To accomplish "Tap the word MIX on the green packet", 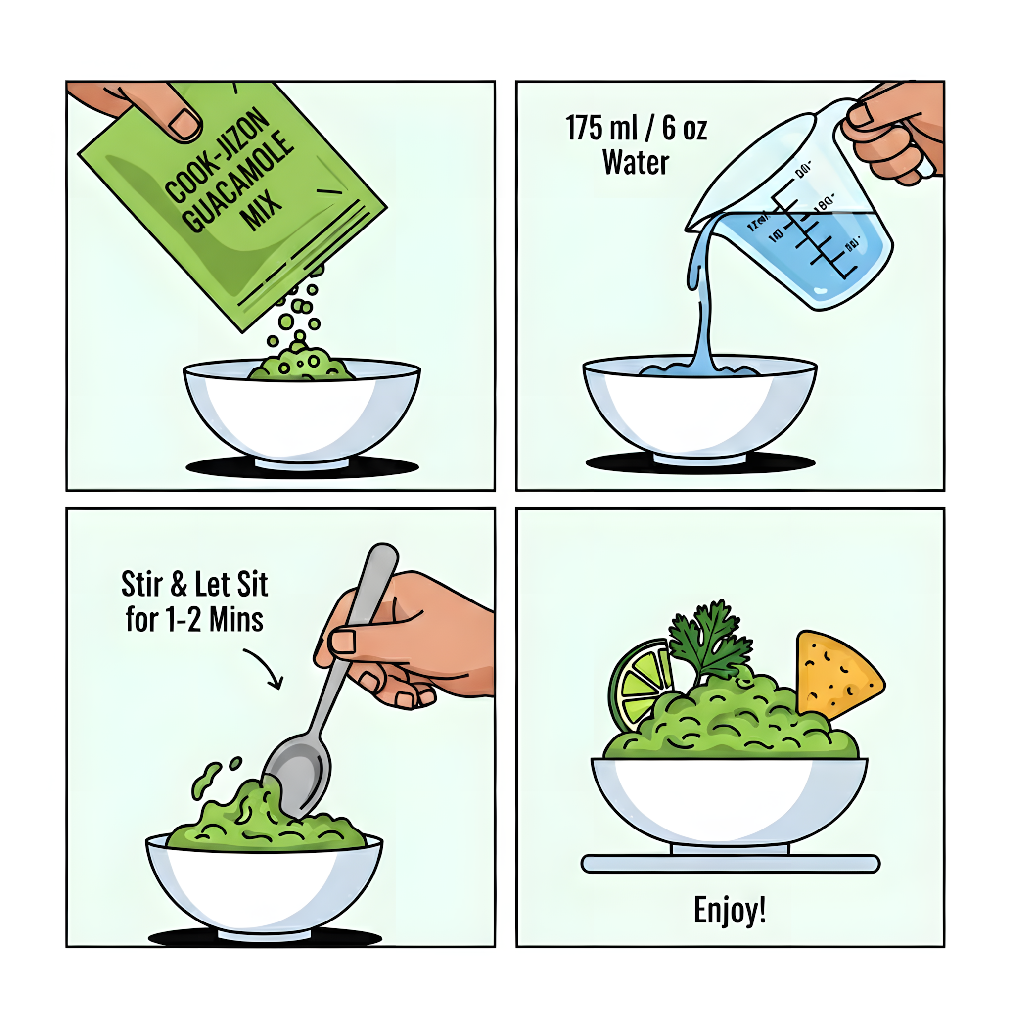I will [x=262, y=210].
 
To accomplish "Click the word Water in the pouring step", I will [x=636, y=163].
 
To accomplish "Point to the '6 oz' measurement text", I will [x=684, y=129].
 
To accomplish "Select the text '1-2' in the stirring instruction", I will [x=183, y=620].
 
